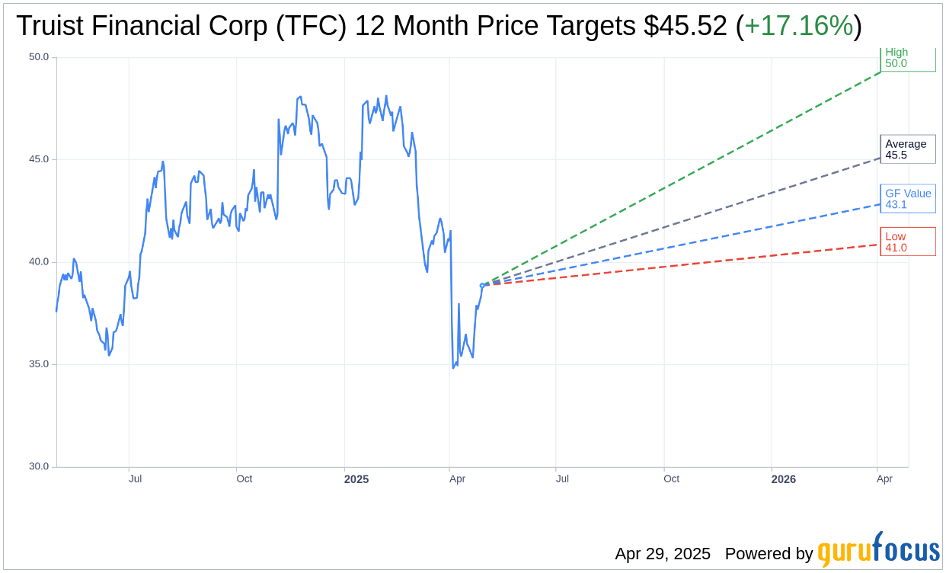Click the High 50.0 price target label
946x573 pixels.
click(907, 58)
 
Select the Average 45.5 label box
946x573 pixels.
click(907, 149)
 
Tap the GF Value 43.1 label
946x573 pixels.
click(907, 199)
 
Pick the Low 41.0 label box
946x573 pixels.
click(907, 242)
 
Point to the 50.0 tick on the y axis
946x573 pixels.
click(39, 57)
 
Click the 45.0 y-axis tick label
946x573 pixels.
click(39, 159)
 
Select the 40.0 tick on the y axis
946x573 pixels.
click(39, 262)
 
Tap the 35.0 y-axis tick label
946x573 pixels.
click(39, 364)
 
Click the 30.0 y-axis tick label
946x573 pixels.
click(39, 466)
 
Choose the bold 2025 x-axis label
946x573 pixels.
click(356, 479)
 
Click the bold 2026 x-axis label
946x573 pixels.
click(783, 479)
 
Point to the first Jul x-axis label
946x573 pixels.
click(135, 479)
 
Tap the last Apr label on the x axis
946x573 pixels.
click(884, 479)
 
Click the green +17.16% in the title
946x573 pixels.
click(798, 26)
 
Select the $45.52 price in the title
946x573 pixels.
click(685, 26)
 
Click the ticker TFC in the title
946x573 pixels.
click(311, 26)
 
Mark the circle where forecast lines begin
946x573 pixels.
click(482, 286)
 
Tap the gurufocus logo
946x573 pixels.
click(878, 550)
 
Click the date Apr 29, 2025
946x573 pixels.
click(663, 554)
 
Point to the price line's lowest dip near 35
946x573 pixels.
click(453, 367)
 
